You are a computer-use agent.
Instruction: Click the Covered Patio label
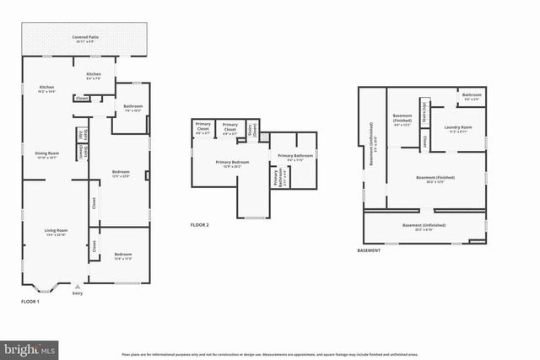(84, 39)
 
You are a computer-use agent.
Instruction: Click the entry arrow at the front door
(78, 287)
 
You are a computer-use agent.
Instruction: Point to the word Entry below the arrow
(78, 293)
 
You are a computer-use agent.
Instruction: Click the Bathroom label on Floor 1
(133, 108)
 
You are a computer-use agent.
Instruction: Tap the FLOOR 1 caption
(30, 301)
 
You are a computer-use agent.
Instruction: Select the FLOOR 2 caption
(199, 225)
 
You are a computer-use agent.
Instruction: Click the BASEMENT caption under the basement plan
(370, 250)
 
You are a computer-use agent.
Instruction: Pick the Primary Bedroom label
(232, 164)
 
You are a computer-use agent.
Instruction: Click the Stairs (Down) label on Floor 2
(251, 130)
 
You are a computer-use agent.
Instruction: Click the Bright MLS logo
(30, 347)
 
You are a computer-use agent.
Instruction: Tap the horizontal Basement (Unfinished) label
(424, 227)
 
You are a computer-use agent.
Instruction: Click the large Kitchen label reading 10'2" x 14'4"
(46, 89)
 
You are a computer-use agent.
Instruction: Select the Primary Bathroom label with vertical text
(276, 178)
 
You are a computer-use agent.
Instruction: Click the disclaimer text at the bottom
(270, 354)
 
